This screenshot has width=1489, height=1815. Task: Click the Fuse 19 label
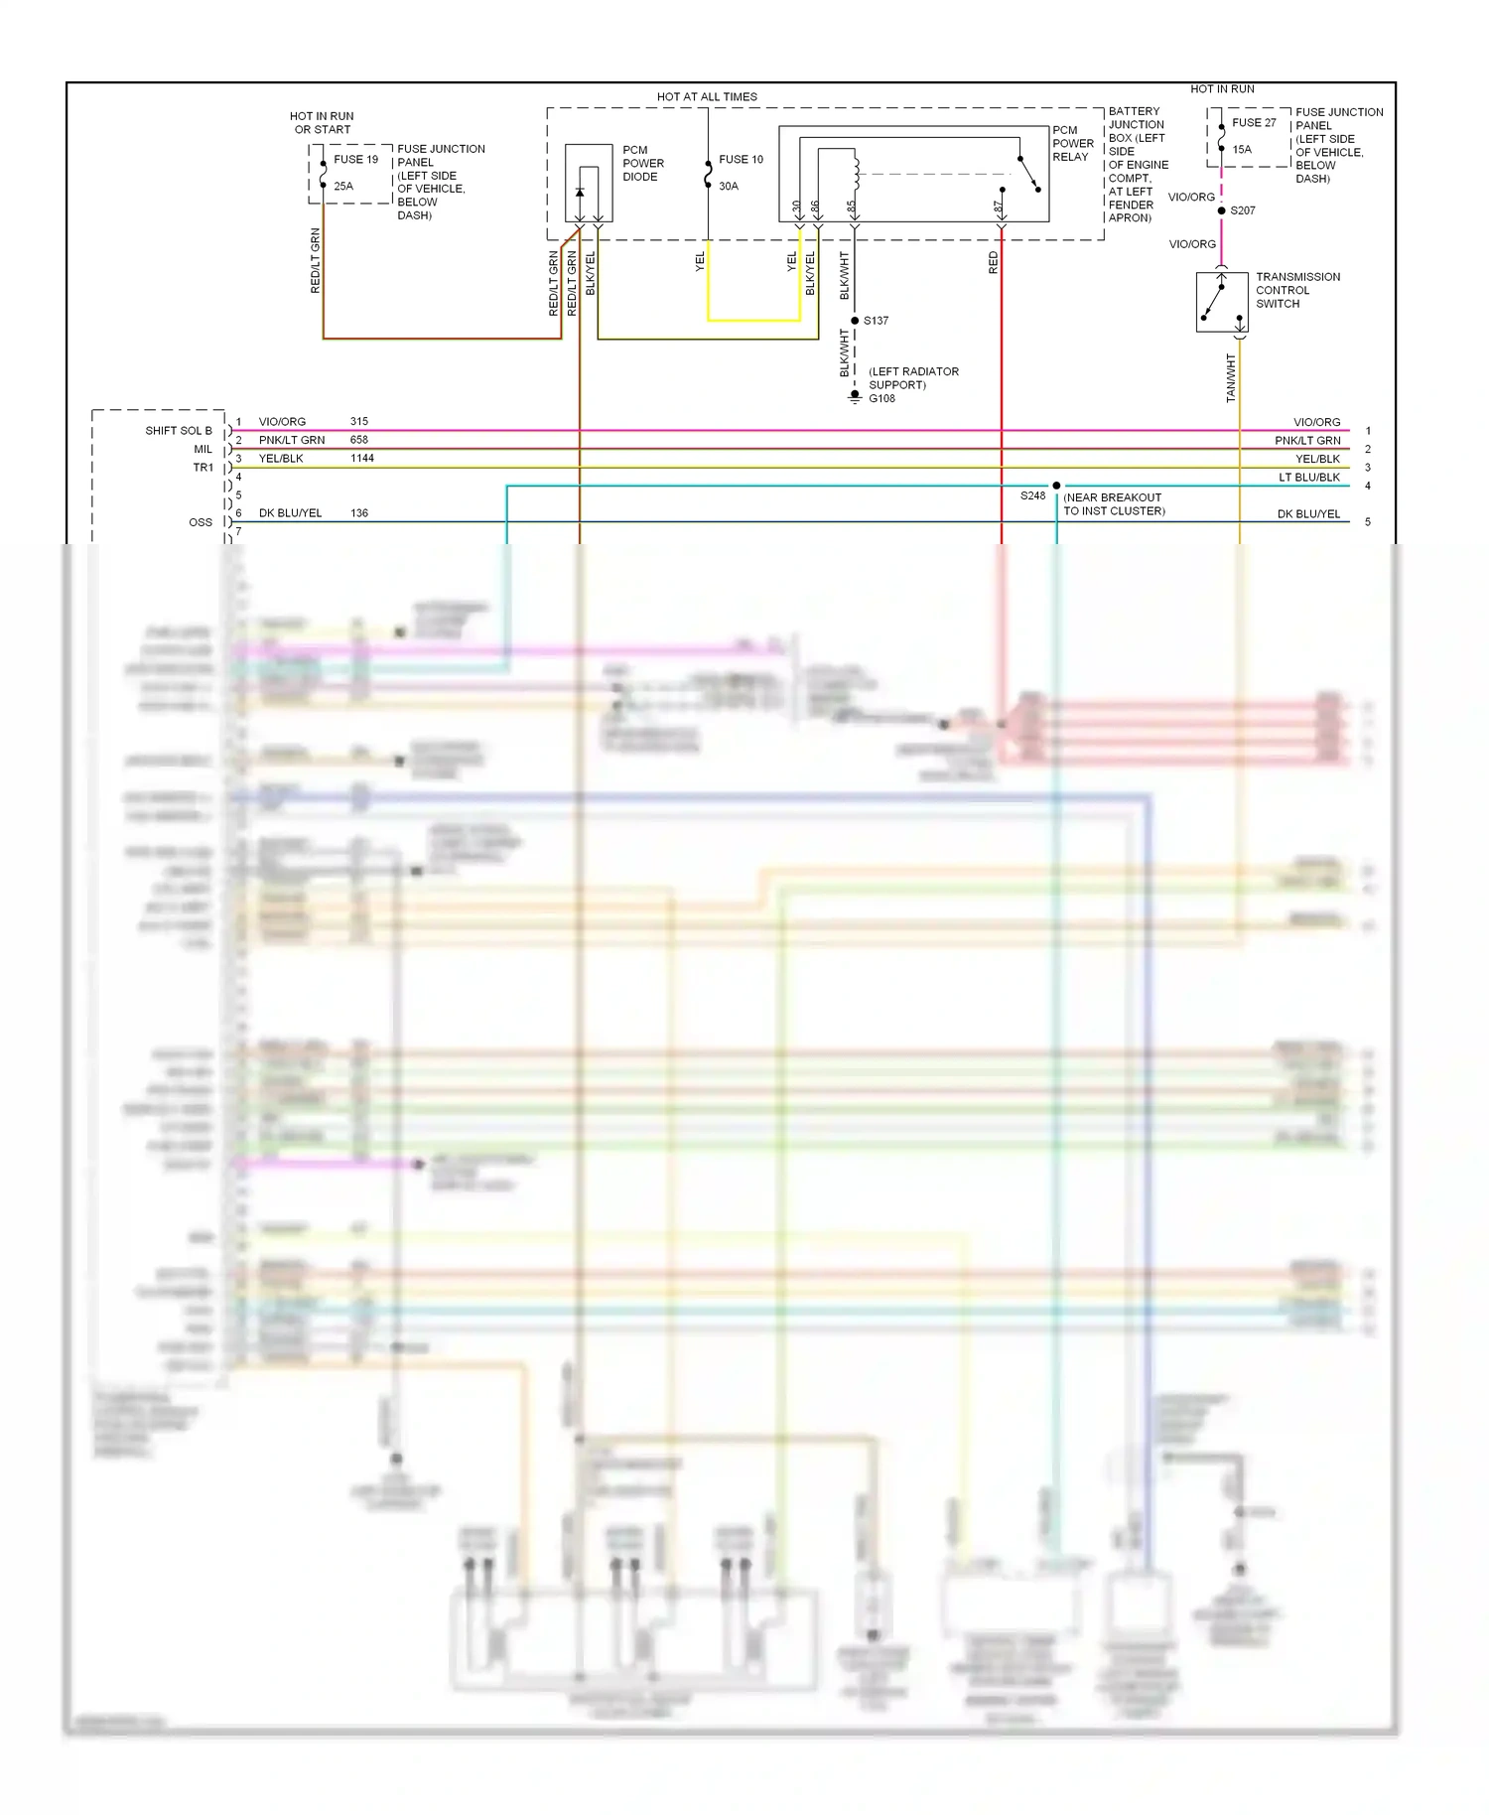(355, 159)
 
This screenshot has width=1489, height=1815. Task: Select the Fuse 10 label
(741, 159)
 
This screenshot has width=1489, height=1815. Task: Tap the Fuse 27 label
(1254, 123)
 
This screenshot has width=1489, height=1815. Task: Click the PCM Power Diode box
(589, 184)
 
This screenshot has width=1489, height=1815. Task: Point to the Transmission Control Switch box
(1222, 301)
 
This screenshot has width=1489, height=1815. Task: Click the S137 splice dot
(855, 321)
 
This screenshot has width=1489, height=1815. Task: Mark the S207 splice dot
(1221, 210)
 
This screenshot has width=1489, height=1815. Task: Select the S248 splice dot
(1056, 486)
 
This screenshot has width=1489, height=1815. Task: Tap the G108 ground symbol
(855, 396)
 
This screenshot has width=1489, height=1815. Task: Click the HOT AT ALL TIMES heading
(707, 97)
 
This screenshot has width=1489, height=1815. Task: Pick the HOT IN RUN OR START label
(322, 123)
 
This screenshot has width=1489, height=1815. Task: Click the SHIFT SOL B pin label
(179, 431)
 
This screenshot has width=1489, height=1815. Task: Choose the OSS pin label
(201, 522)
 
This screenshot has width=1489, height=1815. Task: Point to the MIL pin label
(203, 450)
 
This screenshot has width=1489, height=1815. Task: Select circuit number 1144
(361, 459)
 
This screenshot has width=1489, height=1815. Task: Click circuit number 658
(359, 440)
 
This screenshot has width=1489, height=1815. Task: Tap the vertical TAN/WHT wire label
(1231, 378)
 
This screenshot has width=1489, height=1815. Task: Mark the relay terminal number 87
(998, 208)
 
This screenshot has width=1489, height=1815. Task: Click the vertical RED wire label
(993, 263)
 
